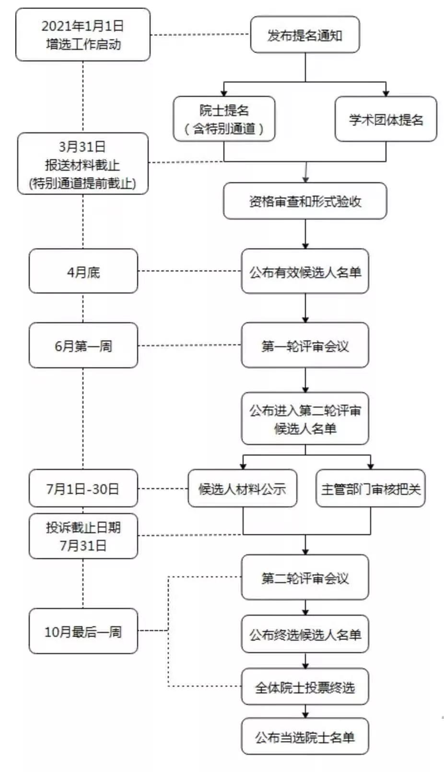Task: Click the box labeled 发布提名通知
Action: (305, 35)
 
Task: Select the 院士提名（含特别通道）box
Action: (224, 119)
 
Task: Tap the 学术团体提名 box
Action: (386, 119)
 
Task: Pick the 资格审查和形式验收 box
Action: (305, 201)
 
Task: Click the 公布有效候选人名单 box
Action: (305, 271)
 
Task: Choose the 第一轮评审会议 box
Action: (305, 345)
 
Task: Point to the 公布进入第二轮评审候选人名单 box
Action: (305, 419)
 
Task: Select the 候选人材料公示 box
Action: (242, 489)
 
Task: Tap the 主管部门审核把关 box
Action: (370, 489)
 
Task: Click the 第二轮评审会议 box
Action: (305, 577)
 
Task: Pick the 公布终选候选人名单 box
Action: (305, 634)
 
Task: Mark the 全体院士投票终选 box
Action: (305, 687)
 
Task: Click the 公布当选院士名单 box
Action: (305, 736)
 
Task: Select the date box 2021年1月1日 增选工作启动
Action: (83, 35)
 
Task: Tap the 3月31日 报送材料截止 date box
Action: (83, 164)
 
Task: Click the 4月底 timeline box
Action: (83, 271)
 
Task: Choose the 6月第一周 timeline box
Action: (83, 345)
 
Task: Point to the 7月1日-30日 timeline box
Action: (83, 489)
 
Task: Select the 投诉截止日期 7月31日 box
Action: (83, 536)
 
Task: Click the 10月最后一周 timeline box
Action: (83, 631)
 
